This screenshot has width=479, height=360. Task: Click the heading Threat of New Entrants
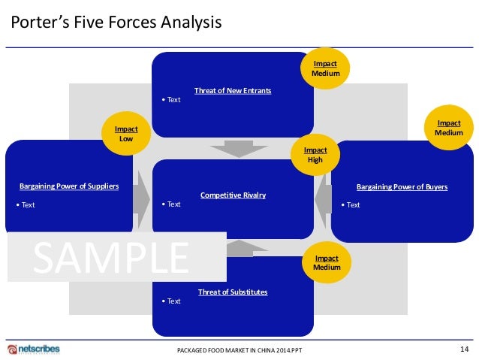(233, 91)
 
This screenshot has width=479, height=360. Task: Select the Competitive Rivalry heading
(233, 195)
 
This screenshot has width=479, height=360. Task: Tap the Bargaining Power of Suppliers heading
(69, 186)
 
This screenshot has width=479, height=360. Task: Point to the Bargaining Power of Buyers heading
(402, 186)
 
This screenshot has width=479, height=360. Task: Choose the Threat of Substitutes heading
(233, 292)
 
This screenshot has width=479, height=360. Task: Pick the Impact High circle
(315, 154)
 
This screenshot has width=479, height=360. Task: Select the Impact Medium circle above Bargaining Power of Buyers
(449, 128)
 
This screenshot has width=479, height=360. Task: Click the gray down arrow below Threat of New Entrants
(233, 149)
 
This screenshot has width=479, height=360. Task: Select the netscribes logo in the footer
(33, 349)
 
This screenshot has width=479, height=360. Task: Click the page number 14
(462, 349)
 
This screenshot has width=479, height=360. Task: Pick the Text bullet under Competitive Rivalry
(173, 204)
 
